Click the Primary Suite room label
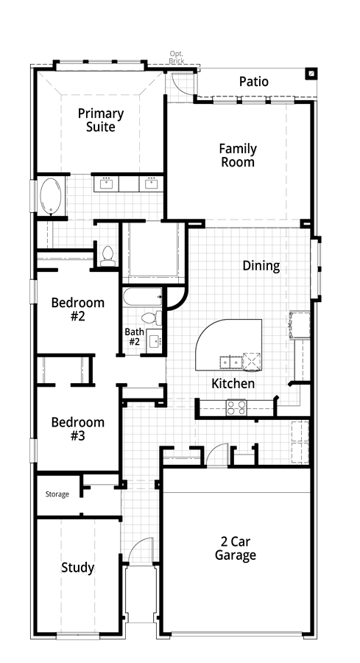[x=101, y=120]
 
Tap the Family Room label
[x=238, y=155]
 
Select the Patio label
[x=253, y=82]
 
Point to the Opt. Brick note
[x=176, y=57]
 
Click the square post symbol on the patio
[x=311, y=74]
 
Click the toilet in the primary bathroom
[x=107, y=256]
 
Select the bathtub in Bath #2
[x=143, y=297]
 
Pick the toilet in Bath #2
[x=151, y=318]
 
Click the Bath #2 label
[x=134, y=337]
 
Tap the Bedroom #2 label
[x=78, y=309]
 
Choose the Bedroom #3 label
[x=78, y=429]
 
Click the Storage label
[x=57, y=494]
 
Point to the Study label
[x=78, y=567]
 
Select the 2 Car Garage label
[x=236, y=548]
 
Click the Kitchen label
[x=233, y=384]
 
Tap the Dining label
[x=261, y=265]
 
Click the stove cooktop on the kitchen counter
[x=236, y=407]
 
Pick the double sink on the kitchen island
[x=230, y=362]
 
